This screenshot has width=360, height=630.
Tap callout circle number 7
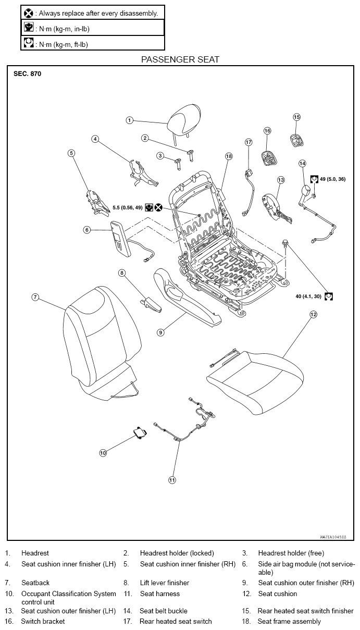click(x=35, y=297)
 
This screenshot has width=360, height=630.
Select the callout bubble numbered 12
click(x=313, y=314)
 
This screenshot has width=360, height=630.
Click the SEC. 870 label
click(x=27, y=74)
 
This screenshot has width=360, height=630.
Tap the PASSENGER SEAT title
click(x=180, y=59)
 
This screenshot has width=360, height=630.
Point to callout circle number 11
click(x=172, y=480)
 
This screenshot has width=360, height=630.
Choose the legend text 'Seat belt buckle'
click(x=164, y=611)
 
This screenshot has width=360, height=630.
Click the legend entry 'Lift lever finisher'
click(x=165, y=583)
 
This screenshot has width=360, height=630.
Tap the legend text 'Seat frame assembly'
click(x=289, y=621)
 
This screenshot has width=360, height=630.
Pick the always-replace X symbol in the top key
click(x=29, y=13)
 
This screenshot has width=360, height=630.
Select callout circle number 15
click(x=297, y=117)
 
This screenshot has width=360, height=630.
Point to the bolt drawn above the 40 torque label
click(x=285, y=243)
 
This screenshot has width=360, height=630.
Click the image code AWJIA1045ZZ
click(x=333, y=537)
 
